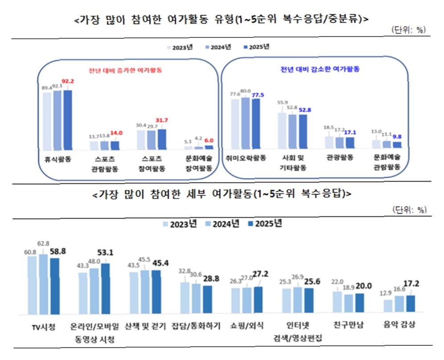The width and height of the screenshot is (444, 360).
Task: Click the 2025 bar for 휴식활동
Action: point(68,120)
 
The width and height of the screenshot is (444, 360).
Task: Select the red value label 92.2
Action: point(68,81)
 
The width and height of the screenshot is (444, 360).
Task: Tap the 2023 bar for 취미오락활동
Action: point(235,124)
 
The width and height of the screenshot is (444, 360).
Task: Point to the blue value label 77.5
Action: point(258,95)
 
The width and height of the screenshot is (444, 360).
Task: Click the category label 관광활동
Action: point(340,157)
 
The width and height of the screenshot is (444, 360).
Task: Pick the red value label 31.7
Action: point(162,120)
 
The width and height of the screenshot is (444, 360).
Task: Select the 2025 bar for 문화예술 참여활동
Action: point(209,147)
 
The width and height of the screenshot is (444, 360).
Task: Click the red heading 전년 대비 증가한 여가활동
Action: point(125,70)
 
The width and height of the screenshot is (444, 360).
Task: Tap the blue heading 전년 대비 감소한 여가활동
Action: point(320,69)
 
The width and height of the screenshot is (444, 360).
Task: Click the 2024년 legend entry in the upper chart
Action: point(218,47)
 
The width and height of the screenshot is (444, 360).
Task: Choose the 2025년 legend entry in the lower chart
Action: point(265,224)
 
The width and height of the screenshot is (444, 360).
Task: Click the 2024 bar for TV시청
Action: point(43,284)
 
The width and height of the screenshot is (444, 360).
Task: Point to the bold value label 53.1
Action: point(105,253)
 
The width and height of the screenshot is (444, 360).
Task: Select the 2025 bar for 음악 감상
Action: point(411,304)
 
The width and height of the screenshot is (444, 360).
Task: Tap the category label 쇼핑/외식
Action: point(247,326)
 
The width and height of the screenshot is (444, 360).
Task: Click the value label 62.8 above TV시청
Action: point(43,243)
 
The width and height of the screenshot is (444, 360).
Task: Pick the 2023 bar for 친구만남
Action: point(337,302)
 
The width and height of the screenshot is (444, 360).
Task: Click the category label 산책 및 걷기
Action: point(145,326)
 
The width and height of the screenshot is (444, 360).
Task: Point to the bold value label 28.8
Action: point(211,279)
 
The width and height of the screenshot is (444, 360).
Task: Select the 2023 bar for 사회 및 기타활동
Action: point(282,131)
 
